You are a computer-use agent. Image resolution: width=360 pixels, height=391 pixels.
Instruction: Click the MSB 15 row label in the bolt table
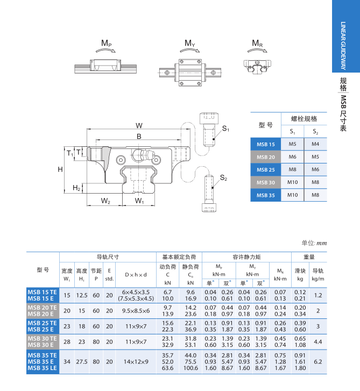[x=266, y=144]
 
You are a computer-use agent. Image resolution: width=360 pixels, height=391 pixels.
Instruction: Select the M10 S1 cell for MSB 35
[x=292, y=195]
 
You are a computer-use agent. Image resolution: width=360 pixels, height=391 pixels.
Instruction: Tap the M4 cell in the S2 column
[x=315, y=144]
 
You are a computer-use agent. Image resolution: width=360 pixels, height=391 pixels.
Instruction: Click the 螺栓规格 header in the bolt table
[x=304, y=119]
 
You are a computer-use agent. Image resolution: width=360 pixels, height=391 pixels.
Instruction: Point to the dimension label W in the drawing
[x=139, y=125]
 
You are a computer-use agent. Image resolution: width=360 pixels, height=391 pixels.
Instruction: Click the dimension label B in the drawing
[x=139, y=137]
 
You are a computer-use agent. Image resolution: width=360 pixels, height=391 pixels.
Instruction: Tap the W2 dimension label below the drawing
[x=105, y=201]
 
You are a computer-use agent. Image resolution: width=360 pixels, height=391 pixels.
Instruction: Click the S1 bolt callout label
[x=225, y=129]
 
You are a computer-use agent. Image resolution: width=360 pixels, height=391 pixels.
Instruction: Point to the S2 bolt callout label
[x=223, y=178]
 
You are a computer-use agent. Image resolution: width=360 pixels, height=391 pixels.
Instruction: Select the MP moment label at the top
[x=106, y=43]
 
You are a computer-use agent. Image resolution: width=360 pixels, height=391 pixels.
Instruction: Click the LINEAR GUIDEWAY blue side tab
[x=343, y=37]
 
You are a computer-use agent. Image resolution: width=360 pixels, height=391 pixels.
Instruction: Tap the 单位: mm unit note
[x=314, y=243]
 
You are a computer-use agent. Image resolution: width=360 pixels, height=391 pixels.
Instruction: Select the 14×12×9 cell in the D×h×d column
[x=135, y=362]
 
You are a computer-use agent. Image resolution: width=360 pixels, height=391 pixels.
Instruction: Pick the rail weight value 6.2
[x=317, y=362]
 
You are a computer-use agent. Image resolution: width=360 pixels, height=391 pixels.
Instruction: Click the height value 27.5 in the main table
[x=82, y=362]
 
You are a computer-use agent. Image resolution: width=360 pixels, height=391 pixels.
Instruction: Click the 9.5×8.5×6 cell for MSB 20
[x=135, y=310]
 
